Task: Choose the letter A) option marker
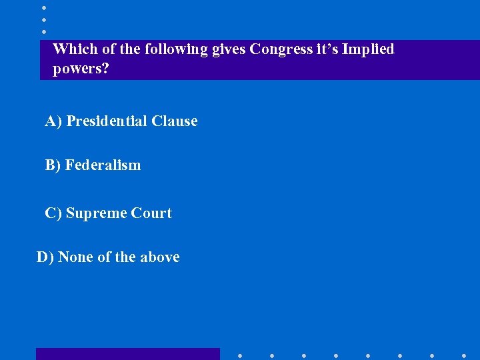[53, 121]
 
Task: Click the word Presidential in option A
[107, 121]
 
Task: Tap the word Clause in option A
[175, 121]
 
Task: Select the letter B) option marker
[53, 165]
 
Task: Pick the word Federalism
[103, 165]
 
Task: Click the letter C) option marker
[53, 213]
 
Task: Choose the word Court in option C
[151, 213]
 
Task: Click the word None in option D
[75, 257]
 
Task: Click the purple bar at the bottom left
[127, 354]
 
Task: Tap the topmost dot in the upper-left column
[44, 7]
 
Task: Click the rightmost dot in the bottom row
[464, 355]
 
